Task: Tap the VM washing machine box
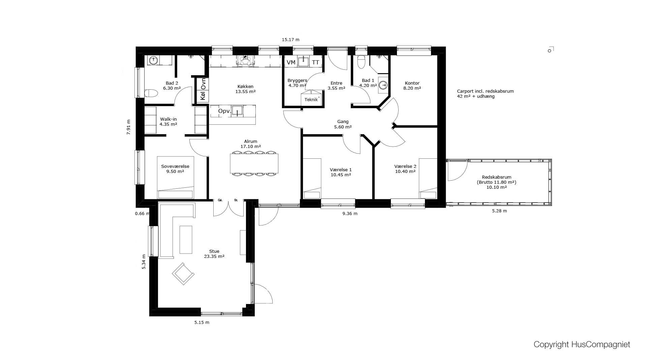(291, 62)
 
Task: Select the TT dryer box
(315, 62)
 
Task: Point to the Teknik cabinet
(311, 98)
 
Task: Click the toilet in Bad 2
(151, 93)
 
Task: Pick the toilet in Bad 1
(361, 62)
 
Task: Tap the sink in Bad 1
(383, 85)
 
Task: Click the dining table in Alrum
(254, 163)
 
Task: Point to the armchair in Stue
(183, 274)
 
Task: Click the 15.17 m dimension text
(290, 40)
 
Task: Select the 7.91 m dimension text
(128, 127)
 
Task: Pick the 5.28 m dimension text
(499, 211)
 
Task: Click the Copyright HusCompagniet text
(582, 344)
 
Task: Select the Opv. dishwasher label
(224, 111)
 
